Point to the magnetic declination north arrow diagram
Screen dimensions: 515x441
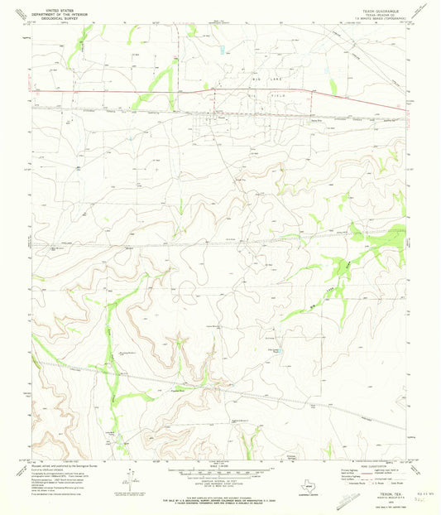[122, 476]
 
